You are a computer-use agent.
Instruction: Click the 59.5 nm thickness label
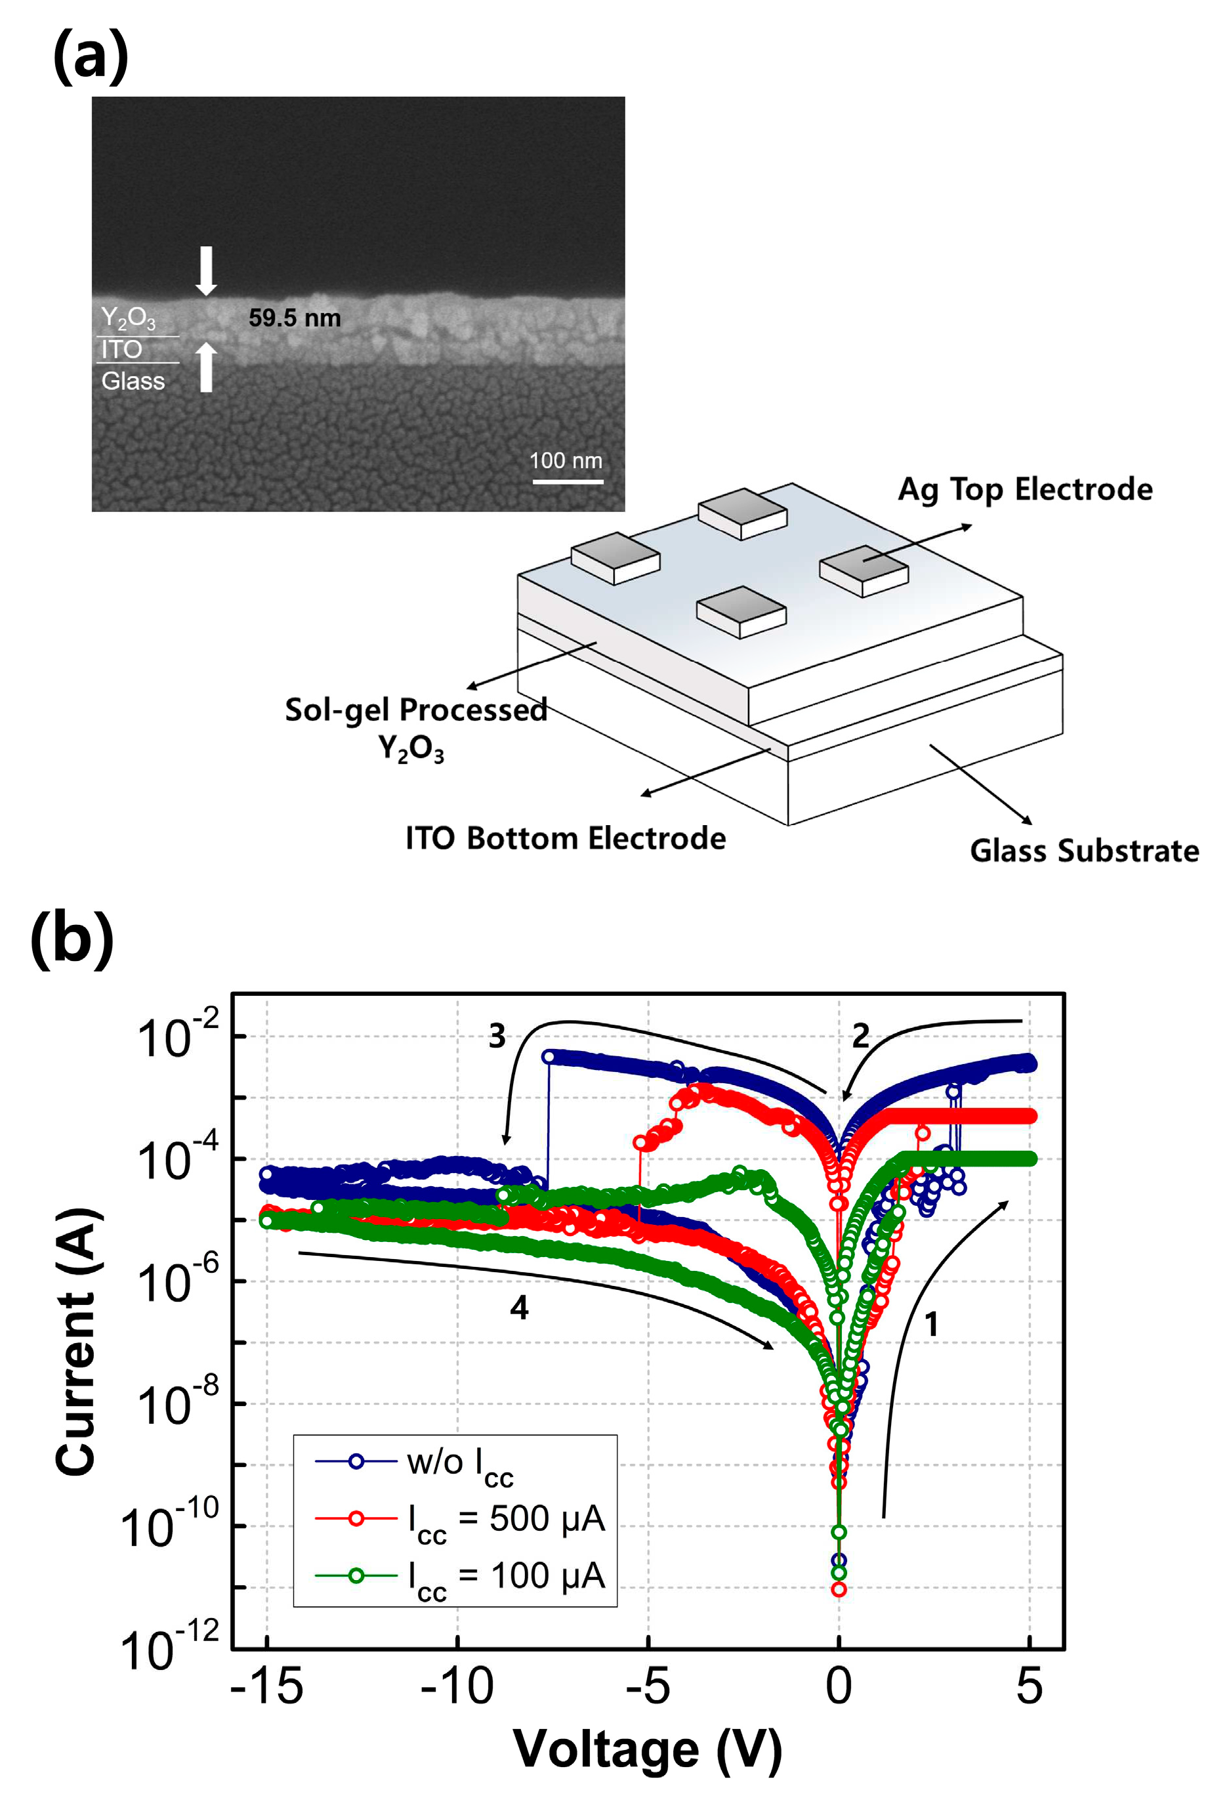click(x=294, y=318)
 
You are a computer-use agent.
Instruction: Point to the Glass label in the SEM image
click(x=133, y=381)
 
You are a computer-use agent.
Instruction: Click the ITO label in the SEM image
click(x=122, y=350)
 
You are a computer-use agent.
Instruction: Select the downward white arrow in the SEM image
click(x=206, y=271)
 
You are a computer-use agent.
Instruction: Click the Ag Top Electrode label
click(x=1025, y=489)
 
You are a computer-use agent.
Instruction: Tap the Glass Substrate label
click(x=1084, y=851)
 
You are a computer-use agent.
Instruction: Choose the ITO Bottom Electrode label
click(x=566, y=838)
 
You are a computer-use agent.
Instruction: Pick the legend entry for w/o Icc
click(x=459, y=1462)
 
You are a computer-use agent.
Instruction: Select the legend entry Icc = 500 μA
click(x=505, y=1519)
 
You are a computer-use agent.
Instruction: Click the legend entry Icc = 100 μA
click(x=505, y=1576)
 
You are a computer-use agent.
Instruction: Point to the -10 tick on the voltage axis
click(x=457, y=1686)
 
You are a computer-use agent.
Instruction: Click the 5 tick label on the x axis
click(x=1030, y=1686)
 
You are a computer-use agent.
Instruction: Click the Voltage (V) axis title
click(x=648, y=1749)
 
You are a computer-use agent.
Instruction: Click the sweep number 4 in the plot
click(x=519, y=1308)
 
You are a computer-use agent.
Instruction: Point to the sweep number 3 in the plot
click(x=497, y=1036)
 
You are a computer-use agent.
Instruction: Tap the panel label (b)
click(x=72, y=938)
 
